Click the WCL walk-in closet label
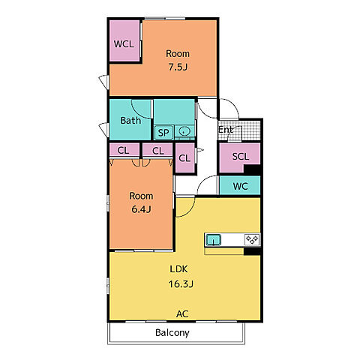coord(124,44)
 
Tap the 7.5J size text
coord(178,67)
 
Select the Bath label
coord(130,121)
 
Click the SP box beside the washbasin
coord(163,132)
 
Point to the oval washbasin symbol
coord(184,131)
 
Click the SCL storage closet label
coord(241,157)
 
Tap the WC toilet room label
coord(240,186)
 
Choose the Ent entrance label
coord(226,130)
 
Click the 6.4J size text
coord(141,209)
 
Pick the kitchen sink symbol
coord(213,240)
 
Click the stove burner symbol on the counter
coord(252,240)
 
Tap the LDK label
coord(178,269)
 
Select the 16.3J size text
coord(181,284)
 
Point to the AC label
coord(182,314)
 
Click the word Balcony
coord(172,333)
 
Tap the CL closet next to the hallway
coord(184,158)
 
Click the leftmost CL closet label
coord(123,151)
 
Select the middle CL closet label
coord(158,151)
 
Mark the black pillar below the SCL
coord(252,169)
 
